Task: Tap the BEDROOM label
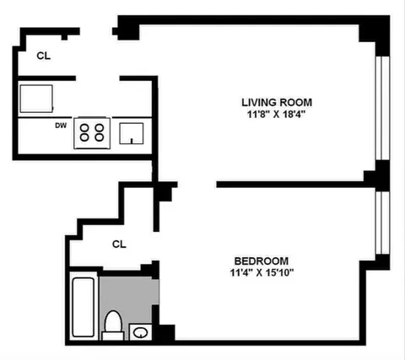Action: pos(262,260)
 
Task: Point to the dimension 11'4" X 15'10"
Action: pos(262,272)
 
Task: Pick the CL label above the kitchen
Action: pos(43,56)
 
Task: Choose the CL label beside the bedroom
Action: pos(119,244)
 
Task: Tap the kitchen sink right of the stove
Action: pos(132,132)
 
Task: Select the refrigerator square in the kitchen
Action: pos(37,98)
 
